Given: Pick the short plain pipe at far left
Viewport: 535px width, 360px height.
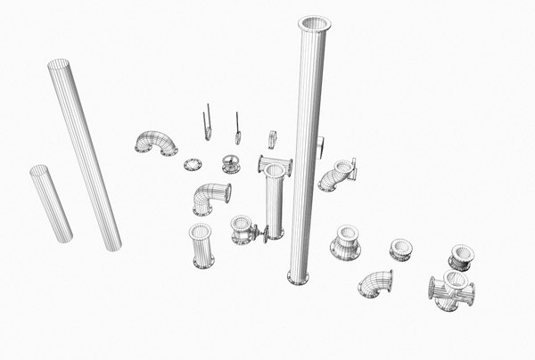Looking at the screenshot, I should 52,203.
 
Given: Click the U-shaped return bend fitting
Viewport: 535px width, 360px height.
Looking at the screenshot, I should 156,143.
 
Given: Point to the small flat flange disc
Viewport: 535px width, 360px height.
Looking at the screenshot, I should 193,164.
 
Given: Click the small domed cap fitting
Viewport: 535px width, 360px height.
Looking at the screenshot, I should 231,164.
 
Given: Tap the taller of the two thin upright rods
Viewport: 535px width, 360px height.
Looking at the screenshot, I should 208,122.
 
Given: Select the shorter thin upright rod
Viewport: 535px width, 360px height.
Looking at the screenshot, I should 238,128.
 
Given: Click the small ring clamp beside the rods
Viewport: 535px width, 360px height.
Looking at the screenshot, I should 272,139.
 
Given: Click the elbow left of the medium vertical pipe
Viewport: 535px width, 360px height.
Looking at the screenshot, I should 210,197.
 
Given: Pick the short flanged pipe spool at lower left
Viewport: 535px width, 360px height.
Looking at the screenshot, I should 202,246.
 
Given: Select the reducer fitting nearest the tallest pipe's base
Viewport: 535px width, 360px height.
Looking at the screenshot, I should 345,241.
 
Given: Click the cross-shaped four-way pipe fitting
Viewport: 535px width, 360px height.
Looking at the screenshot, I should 452,290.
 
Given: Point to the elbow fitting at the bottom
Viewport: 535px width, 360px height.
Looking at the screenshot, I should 377,284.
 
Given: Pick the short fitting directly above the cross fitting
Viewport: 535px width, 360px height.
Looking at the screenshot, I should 462,257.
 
